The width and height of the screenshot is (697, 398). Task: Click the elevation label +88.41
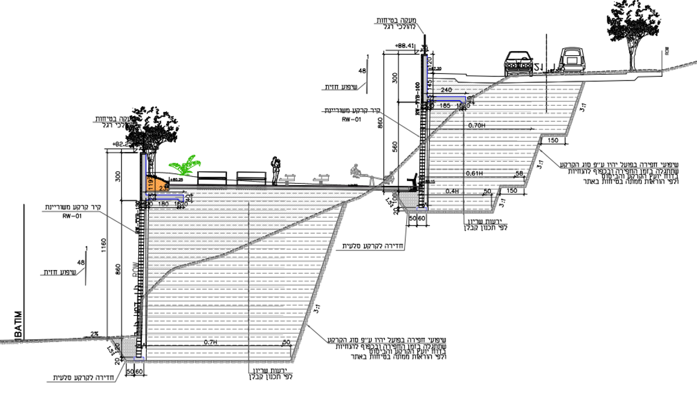404,46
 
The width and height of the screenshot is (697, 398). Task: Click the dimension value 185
445,106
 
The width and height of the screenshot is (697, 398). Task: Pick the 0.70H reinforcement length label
476,126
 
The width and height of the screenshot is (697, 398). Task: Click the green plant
184,166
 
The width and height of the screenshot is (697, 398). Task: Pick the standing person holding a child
275,170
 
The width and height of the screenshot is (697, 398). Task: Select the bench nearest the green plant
212,179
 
